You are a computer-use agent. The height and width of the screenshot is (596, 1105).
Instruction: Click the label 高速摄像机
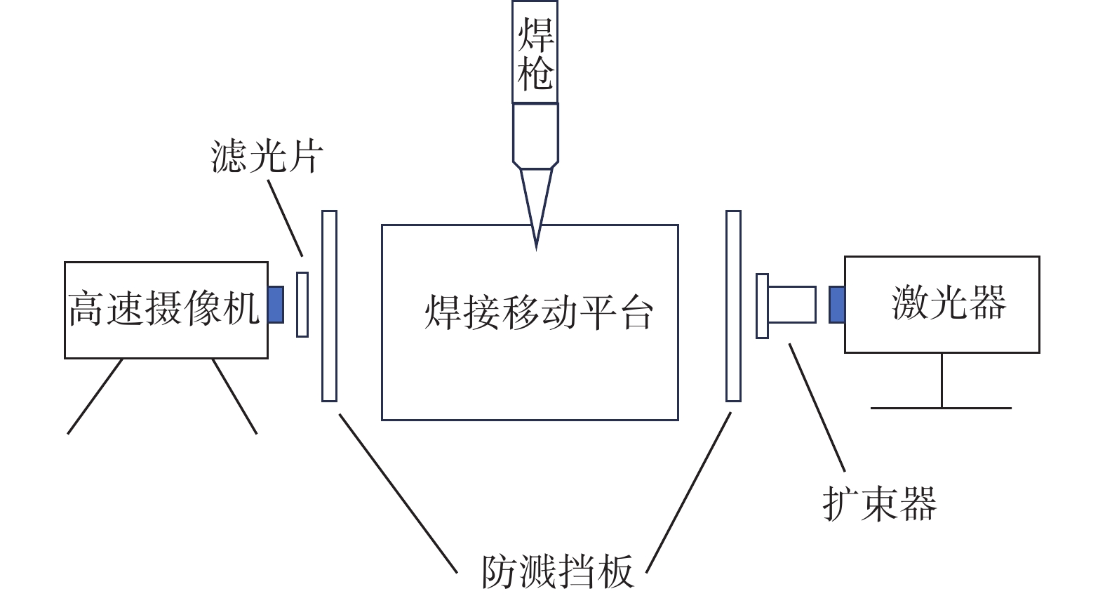point(164,309)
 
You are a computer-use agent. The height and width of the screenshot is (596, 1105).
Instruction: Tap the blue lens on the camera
point(276,305)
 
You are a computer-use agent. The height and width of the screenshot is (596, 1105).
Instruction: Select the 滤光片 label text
point(267,156)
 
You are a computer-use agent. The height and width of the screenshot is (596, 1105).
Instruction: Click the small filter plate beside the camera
point(302,305)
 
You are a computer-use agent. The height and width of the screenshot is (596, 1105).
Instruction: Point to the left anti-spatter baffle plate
point(329,306)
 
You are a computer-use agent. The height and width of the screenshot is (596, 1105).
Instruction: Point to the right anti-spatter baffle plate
point(733,306)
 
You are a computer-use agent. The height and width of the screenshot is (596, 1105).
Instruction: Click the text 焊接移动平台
point(539,312)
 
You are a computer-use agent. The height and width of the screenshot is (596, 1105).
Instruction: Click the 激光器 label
point(949,303)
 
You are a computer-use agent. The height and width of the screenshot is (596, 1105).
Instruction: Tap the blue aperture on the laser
point(836,305)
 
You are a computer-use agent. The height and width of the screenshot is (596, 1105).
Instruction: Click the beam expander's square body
point(792,305)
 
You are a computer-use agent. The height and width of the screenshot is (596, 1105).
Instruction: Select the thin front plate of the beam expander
point(762,306)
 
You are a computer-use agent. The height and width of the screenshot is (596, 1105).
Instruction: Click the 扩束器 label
point(879,503)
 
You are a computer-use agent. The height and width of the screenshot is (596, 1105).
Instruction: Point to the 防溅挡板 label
point(558,572)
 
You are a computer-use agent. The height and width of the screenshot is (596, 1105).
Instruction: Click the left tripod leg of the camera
point(95,396)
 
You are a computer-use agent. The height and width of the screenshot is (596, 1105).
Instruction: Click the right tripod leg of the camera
point(234,396)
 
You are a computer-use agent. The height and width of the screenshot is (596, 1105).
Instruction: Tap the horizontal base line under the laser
point(941,407)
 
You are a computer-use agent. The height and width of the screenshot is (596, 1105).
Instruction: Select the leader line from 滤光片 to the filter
point(286,218)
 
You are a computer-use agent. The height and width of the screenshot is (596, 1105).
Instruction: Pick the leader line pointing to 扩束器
point(817,407)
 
